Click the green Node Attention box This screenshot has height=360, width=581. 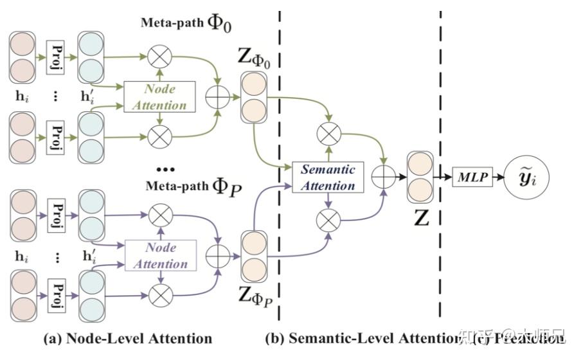pos(159,97)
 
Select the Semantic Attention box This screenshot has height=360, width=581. pos(328,177)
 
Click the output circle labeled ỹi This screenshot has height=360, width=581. pos(535,175)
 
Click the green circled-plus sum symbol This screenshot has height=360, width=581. pos(217,97)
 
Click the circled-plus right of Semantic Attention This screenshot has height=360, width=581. pos(384,175)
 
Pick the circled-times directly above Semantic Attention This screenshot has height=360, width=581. pos(328,134)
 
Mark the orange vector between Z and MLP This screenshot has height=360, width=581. pos(420,175)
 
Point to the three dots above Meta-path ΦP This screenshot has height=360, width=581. pos(165,170)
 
